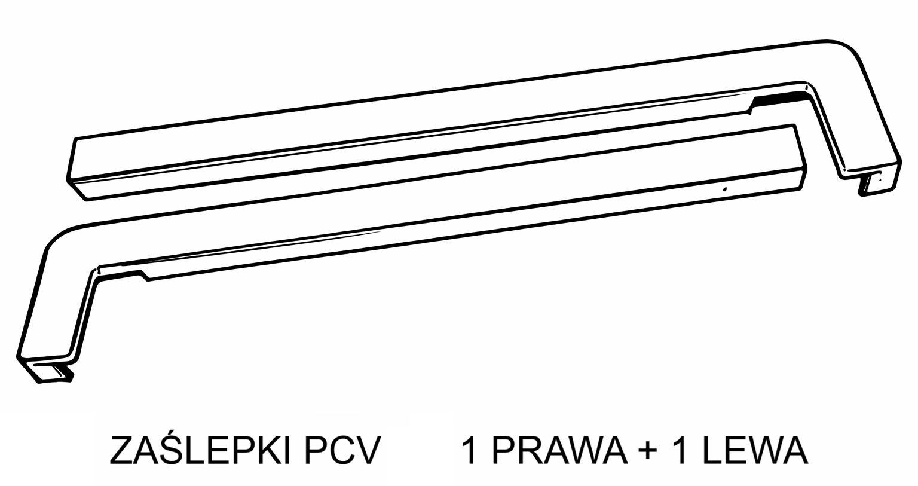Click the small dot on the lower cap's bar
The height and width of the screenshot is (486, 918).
coord(725,189)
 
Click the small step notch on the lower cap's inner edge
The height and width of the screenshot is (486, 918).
coord(143,276)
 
